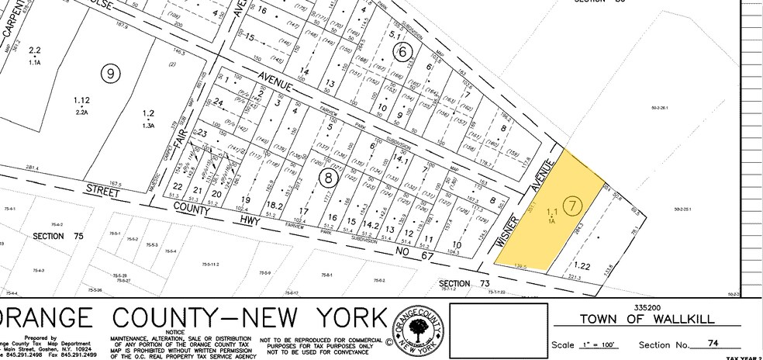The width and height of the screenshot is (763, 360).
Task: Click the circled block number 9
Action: pos(112,74)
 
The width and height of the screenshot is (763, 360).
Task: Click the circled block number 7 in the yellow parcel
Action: pos(572,206)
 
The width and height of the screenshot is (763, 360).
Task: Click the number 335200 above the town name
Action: pos(650,306)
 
